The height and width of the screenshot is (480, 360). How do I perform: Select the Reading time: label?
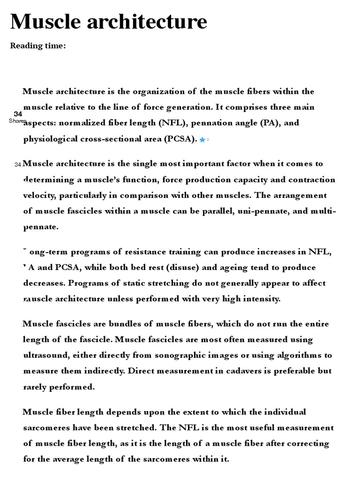click(x=38, y=45)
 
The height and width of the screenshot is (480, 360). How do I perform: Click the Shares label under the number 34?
click(x=17, y=121)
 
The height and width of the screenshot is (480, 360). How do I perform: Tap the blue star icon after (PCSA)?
click(x=202, y=140)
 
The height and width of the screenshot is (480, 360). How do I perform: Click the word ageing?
click(x=231, y=268)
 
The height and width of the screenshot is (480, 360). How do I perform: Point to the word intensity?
click(x=261, y=299)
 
